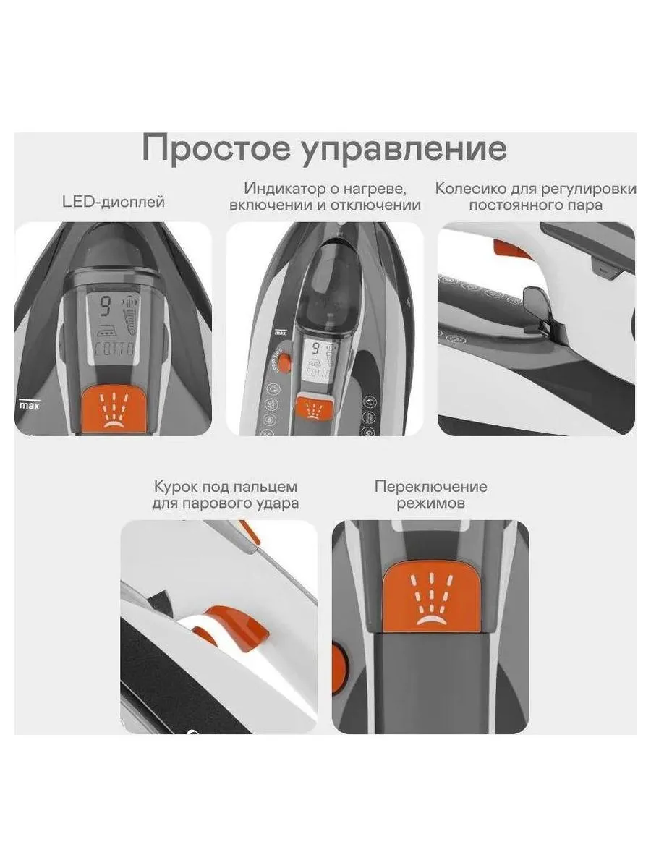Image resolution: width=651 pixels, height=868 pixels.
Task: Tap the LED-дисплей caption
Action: [114, 202]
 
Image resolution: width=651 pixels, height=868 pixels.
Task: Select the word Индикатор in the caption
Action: [286, 189]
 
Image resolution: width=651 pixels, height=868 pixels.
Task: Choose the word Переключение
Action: [431, 487]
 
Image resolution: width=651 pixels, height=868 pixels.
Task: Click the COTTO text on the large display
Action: [115, 350]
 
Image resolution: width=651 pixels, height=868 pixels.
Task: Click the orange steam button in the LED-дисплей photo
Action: [113, 409]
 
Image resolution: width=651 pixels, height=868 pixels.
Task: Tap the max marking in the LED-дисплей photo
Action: [29, 404]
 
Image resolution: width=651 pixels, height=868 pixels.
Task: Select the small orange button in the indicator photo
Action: [315, 407]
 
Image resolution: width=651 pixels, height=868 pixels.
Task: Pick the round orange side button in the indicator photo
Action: [284, 362]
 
